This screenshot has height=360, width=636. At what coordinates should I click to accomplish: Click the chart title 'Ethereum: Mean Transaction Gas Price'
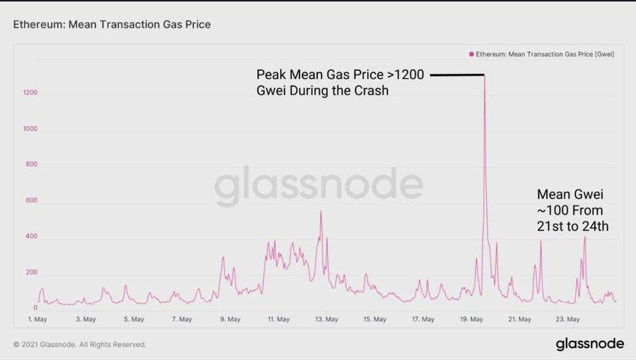pyautogui.click(x=112, y=25)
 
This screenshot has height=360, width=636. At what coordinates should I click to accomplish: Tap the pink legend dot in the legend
pyautogui.click(x=471, y=54)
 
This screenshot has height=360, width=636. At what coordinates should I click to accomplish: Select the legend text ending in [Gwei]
pyautogui.click(x=545, y=54)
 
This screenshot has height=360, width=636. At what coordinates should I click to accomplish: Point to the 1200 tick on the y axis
pyautogui.click(x=29, y=93)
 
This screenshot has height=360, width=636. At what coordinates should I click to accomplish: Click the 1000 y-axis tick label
pyautogui.click(x=29, y=129)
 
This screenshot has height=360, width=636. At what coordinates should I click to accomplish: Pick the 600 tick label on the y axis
pyautogui.click(x=30, y=201)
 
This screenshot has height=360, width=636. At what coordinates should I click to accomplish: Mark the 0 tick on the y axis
pyautogui.click(x=35, y=308)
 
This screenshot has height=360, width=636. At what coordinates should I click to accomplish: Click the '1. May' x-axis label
pyautogui.click(x=37, y=320)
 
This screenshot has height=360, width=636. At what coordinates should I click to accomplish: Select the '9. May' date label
pyautogui.click(x=230, y=320)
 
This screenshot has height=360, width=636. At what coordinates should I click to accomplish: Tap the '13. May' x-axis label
pyautogui.click(x=326, y=320)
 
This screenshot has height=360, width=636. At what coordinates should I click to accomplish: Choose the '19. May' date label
pyautogui.click(x=471, y=320)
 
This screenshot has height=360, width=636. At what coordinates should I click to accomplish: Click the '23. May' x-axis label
pyautogui.click(x=568, y=320)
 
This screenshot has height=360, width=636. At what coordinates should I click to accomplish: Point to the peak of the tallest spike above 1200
pyautogui.click(x=484, y=76)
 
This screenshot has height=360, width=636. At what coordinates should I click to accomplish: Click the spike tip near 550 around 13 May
pyautogui.click(x=321, y=211)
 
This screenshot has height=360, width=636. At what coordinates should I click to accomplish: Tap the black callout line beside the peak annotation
pyautogui.click(x=457, y=75)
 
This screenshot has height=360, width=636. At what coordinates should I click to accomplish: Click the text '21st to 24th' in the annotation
pyautogui.click(x=572, y=226)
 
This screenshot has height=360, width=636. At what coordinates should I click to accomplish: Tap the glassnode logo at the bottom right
pyautogui.click(x=589, y=343)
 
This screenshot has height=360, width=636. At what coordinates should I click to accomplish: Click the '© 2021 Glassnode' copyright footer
pyautogui.click(x=79, y=344)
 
